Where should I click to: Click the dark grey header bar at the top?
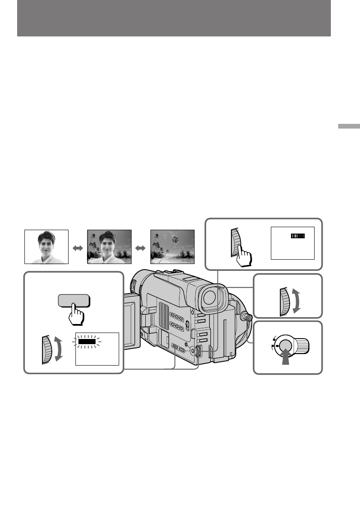tap(174, 18)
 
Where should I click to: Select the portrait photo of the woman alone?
tap(46, 247)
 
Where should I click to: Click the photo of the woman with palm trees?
tap(109, 247)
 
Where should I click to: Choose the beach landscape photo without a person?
tap(172, 247)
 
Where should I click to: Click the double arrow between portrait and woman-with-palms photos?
tap(78, 248)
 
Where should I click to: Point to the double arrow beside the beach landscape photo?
tap(141, 248)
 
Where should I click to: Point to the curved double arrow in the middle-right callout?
tap(296, 302)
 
